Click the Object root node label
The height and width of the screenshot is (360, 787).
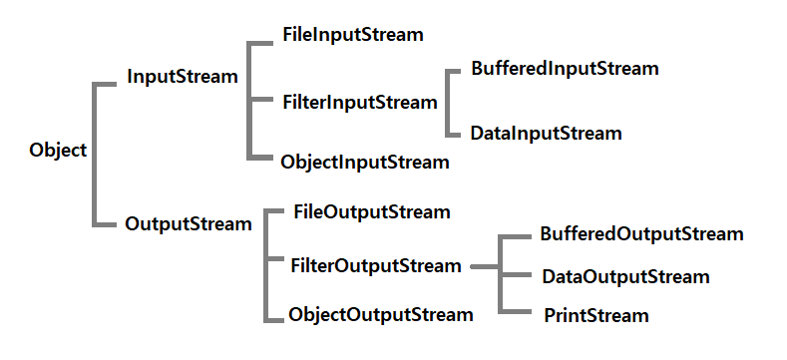[x=59, y=151]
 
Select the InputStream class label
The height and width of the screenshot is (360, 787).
[x=183, y=77]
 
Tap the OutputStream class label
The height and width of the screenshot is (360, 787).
[x=189, y=224]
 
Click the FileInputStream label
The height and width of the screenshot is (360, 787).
[x=353, y=35]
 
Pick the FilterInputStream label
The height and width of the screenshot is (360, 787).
[x=359, y=102]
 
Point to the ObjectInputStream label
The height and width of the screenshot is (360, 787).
[x=365, y=161]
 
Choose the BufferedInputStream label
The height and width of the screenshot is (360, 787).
[x=565, y=69]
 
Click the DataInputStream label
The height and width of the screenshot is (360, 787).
[x=547, y=133]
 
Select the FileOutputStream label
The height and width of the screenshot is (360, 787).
[x=372, y=212]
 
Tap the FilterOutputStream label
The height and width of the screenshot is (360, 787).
[x=376, y=266]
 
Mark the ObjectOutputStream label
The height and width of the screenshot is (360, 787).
[x=380, y=315]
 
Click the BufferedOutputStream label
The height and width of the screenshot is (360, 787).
[x=641, y=234]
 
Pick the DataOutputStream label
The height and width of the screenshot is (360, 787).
[x=625, y=276]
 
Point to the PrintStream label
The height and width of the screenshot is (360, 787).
[x=596, y=316]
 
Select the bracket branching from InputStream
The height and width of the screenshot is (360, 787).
[x=250, y=99]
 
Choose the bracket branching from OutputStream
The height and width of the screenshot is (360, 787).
[x=265, y=265]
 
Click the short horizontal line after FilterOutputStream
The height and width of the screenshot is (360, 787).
[x=483, y=267]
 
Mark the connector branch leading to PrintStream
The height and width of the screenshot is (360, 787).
[x=517, y=312]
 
